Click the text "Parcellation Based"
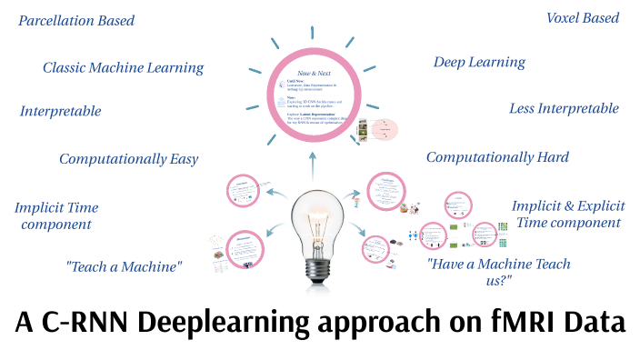point(76,21)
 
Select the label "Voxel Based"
point(582,18)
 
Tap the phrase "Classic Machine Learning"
point(123,68)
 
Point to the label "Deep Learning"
point(479,63)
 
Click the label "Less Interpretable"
point(564,109)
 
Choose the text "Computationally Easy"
point(128,159)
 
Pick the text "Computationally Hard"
point(497,157)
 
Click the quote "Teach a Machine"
point(125,266)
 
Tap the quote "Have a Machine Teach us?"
point(499,272)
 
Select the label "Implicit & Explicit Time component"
point(565,215)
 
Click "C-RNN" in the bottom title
point(82,324)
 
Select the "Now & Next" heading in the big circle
point(312,71)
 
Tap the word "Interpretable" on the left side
point(60,112)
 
